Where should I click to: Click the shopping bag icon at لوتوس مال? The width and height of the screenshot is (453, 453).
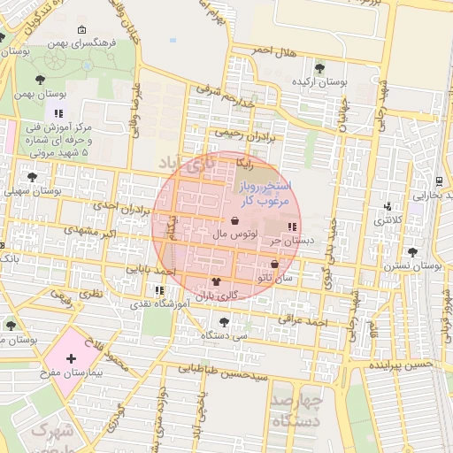coord(234,221)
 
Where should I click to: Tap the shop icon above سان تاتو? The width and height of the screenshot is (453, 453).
coord(273,265)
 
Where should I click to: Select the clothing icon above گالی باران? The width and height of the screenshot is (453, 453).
coord(216,281)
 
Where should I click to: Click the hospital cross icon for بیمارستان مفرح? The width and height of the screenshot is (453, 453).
coord(72,358)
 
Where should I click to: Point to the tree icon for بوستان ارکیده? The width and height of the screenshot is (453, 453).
coord(319,67)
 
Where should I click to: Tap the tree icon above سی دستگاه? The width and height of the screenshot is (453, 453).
coord(222,321)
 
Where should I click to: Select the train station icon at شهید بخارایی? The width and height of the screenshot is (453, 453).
coord(439,180)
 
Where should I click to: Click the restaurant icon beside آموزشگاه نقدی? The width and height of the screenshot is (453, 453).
coord(159,289)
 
